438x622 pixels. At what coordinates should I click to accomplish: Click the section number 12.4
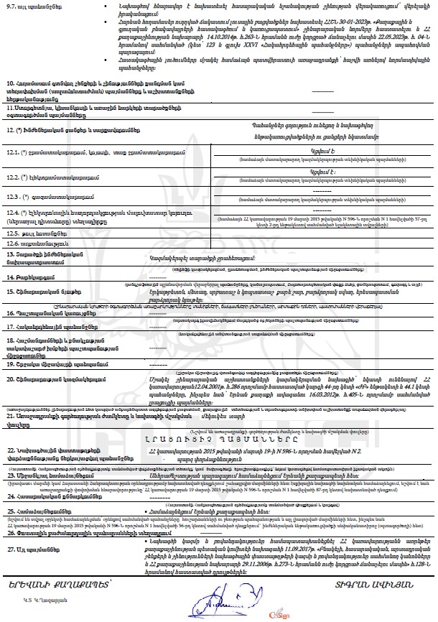click(x=13, y=213)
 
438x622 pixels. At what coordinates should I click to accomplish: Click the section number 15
click(x=10, y=292)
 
